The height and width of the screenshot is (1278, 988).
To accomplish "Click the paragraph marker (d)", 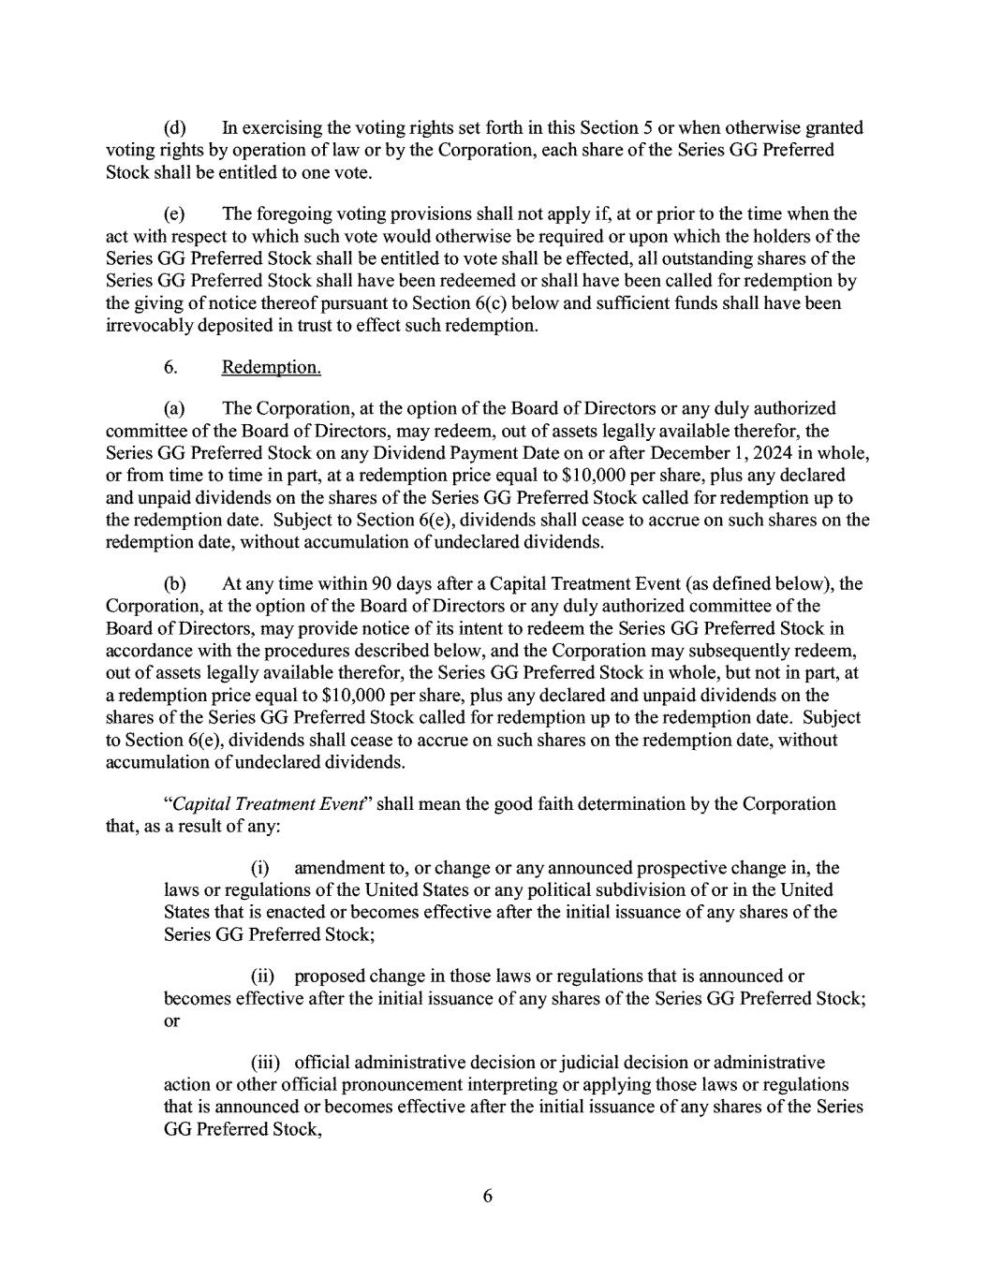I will tap(175, 128).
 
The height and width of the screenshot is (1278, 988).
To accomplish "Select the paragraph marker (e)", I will tap(175, 215).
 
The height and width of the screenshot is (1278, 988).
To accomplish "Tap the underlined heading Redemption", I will tap(272, 367).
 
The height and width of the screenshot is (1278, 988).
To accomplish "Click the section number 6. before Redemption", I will tap(170, 367).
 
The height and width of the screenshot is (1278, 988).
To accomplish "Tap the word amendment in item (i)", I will tap(339, 869).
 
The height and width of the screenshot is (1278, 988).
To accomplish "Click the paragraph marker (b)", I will tap(175, 584).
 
